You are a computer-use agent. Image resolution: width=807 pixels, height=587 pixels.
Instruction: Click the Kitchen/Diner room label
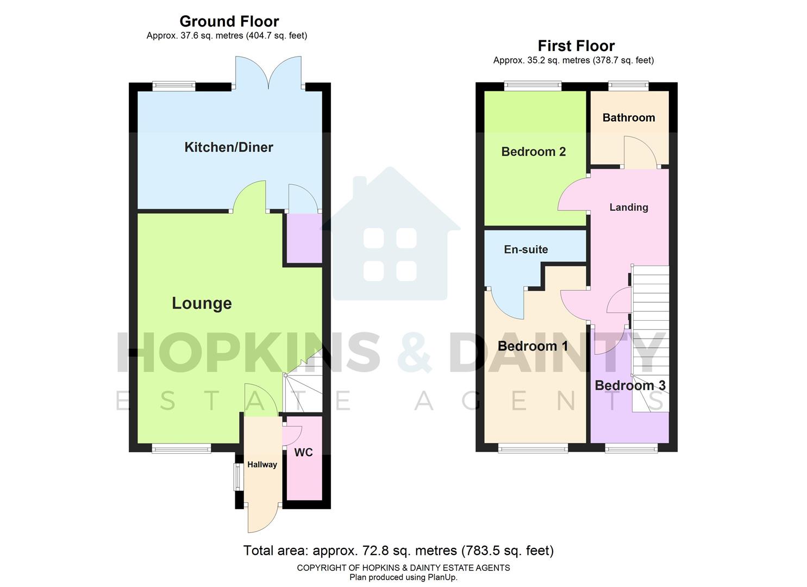pyautogui.click(x=228, y=147)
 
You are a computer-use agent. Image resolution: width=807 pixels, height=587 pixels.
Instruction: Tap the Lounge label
pyautogui.click(x=202, y=303)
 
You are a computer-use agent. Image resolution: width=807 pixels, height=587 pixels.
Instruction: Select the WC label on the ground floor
pyautogui.click(x=303, y=452)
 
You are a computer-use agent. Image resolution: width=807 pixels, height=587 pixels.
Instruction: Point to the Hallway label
pyautogui.click(x=262, y=465)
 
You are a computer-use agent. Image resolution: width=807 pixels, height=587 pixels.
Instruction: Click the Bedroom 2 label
pyautogui.click(x=533, y=152)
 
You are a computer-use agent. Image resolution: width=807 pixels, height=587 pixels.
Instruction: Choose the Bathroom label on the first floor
pyautogui.click(x=628, y=117)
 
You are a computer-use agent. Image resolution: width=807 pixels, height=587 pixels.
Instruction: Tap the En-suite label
pyautogui.click(x=526, y=249)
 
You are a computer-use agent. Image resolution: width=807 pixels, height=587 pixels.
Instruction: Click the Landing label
pyautogui.click(x=628, y=207)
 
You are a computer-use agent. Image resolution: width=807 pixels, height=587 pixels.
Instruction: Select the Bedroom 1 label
pyautogui.click(x=533, y=346)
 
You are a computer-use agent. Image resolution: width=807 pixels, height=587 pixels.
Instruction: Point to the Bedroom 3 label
pyautogui.click(x=630, y=385)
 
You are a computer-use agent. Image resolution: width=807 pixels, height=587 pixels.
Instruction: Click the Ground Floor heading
pyautogui.click(x=229, y=21)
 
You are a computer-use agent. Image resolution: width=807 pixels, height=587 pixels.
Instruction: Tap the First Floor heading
pyautogui.click(x=576, y=46)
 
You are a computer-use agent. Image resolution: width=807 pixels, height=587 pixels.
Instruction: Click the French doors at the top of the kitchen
pyautogui.click(x=268, y=73)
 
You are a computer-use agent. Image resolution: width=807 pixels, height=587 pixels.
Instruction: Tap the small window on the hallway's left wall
pyautogui.click(x=237, y=477)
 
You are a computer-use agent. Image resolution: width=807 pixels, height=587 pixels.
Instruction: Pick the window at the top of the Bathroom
pyautogui.click(x=628, y=85)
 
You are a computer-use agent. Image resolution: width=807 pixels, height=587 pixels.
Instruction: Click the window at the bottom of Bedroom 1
pyautogui.click(x=533, y=448)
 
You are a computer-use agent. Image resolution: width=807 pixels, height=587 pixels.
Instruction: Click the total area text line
pyautogui.click(x=398, y=551)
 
